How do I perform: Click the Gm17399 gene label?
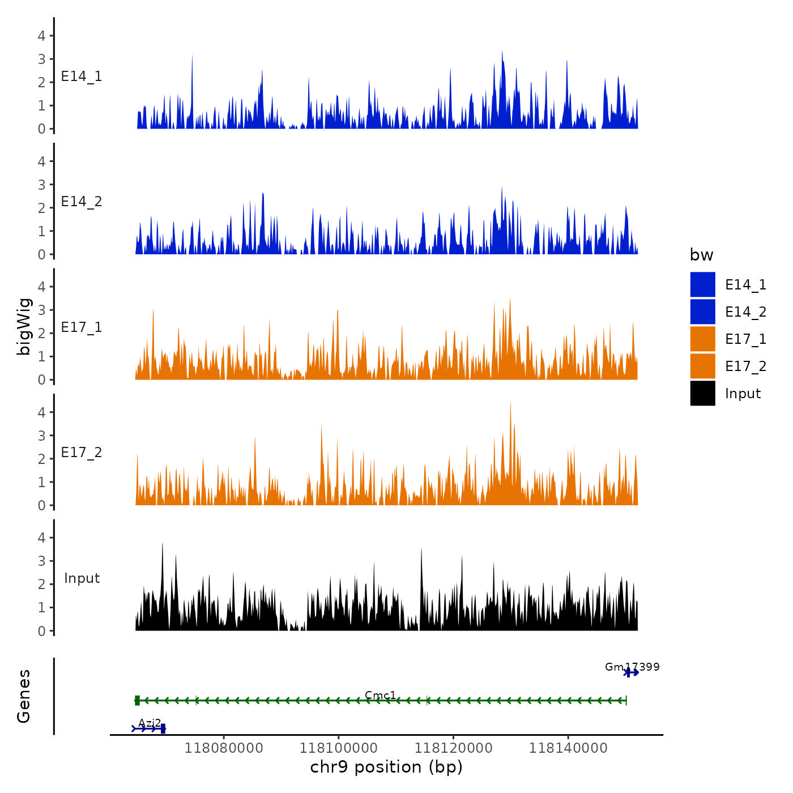632,667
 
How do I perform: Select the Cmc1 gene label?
380,695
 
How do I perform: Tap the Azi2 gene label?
150,723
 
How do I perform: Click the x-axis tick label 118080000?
224,748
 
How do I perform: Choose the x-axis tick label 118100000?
339,748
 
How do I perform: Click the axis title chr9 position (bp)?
386,767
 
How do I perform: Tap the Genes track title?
24,696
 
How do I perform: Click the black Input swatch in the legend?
702,393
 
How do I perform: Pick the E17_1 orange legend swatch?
702,339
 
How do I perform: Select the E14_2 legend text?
745,312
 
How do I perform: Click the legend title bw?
701,255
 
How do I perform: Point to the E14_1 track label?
82,76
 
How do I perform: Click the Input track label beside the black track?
82,578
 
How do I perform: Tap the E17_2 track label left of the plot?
82,453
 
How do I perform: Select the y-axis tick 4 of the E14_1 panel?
41,36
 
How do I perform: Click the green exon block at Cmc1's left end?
137,701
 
